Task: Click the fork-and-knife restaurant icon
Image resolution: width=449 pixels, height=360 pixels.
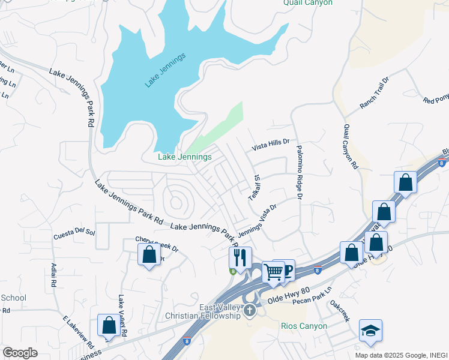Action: tap(240, 258)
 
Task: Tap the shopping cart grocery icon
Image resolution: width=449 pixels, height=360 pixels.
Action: tap(273, 272)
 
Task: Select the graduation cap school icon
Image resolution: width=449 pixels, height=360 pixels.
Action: tap(370, 330)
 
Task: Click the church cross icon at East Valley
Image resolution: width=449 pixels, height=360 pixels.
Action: tap(249, 311)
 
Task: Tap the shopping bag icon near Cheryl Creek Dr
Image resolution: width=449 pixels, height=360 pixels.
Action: tap(149, 254)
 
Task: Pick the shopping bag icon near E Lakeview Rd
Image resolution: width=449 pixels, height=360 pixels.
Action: tap(109, 325)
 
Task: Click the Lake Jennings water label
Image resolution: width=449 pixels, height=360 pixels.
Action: tap(165, 70)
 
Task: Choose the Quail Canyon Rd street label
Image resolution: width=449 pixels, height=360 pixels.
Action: tap(351, 146)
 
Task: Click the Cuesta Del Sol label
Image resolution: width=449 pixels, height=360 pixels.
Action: tap(74, 232)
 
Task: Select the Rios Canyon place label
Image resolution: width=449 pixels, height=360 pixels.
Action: tap(304, 326)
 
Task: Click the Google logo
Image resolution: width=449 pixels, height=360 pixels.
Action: tap(20, 352)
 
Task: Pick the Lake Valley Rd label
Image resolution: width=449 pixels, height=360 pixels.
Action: tap(122, 316)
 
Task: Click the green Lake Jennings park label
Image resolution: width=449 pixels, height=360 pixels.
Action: tap(184, 157)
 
